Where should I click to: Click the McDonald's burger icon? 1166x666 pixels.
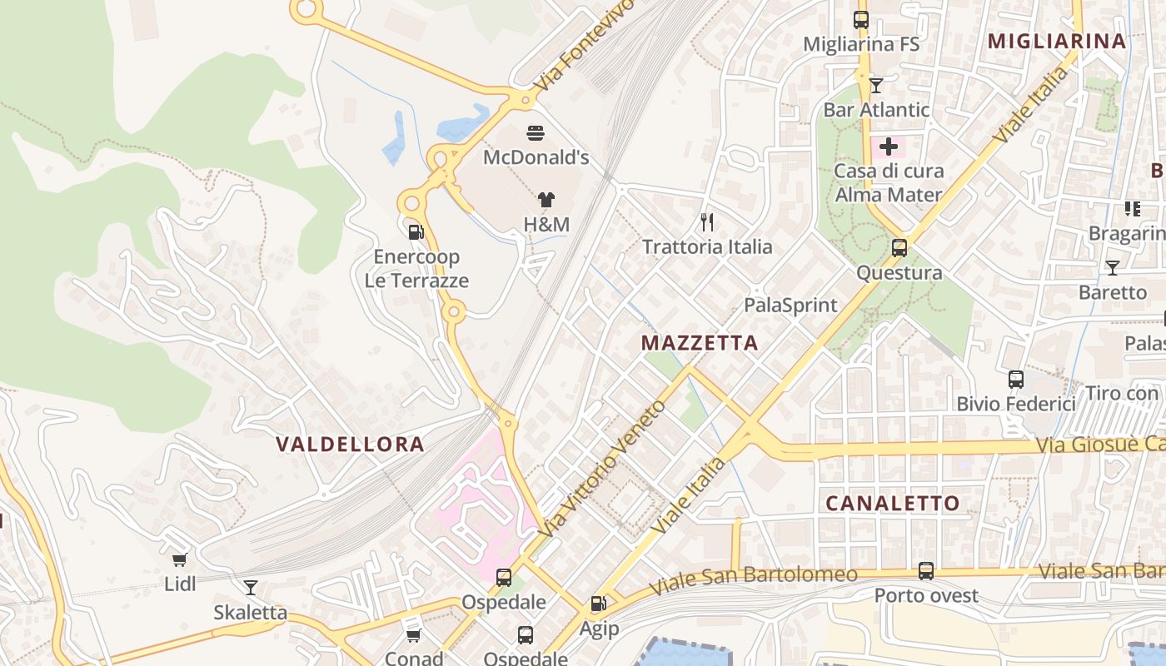[x=536, y=132]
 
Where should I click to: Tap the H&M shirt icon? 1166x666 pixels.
[x=546, y=200]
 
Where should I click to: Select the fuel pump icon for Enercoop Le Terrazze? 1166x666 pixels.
[x=416, y=231]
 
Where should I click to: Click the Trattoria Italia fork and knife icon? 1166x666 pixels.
[x=707, y=221]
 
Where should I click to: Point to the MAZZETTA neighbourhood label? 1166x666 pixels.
[x=700, y=343]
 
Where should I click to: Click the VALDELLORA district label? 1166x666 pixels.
[x=350, y=444]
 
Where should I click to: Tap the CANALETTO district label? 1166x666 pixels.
[x=892, y=503]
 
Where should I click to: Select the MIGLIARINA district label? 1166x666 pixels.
[x=1056, y=41]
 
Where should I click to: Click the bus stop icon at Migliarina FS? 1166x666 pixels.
[x=861, y=20]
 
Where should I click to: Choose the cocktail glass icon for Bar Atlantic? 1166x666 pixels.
[x=876, y=85]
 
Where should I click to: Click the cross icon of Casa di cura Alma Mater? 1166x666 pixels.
[x=889, y=147]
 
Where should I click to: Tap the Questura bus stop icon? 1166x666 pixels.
[x=899, y=248]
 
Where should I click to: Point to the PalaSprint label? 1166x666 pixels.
[x=790, y=305]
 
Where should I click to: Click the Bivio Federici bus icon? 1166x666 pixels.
[x=1015, y=380]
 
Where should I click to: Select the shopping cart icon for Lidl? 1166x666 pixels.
[x=180, y=559]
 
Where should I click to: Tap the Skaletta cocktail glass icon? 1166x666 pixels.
[x=250, y=588]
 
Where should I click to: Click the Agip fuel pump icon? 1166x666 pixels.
[x=598, y=604]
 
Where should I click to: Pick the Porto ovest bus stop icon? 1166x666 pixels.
[x=925, y=571]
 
